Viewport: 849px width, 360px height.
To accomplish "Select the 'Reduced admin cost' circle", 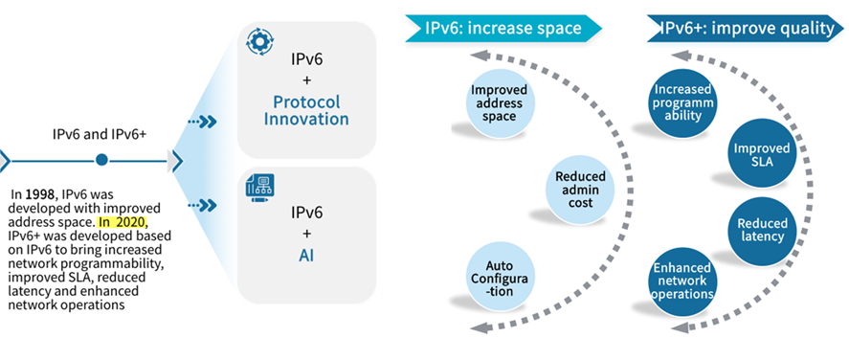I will [x=579, y=184].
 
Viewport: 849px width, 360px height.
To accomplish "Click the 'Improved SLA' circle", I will [x=761, y=156].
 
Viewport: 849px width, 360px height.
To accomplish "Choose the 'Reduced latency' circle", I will [x=761, y=230].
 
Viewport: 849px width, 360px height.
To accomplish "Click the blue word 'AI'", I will [x=306, y=256].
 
